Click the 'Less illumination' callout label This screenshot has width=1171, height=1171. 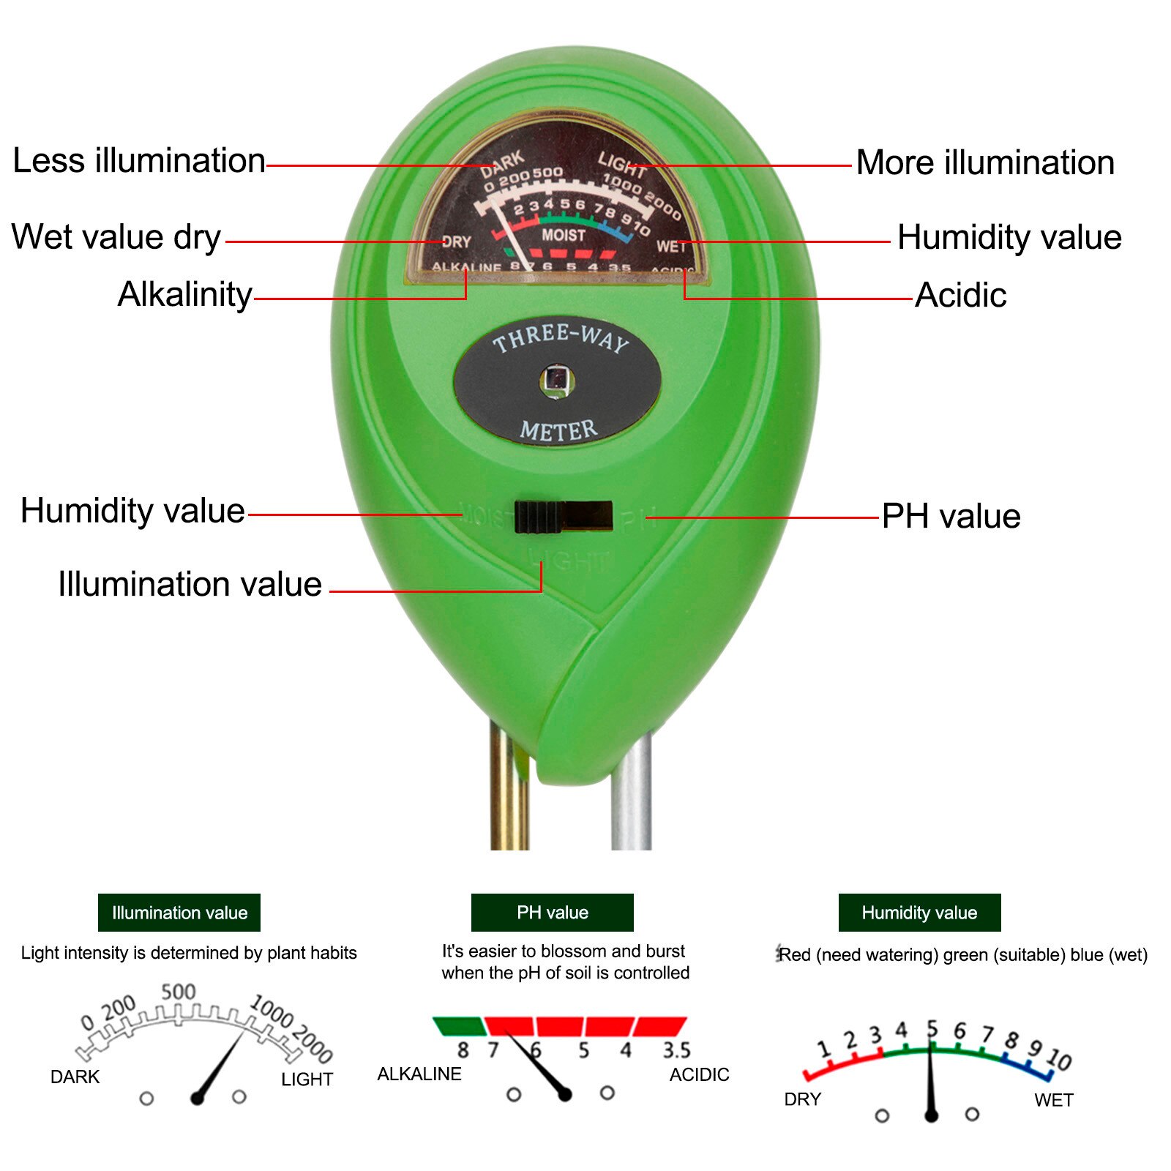pyautogui.click(x=139, y=161)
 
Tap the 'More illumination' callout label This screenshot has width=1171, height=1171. pyautogui.click(x=985, y=162)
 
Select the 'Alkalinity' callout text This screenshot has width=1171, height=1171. pyautogui.click(x=184, y=295)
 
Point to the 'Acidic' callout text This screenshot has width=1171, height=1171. pyautogui.click(x=960, y=296)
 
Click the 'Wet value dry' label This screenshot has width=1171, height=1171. pyautogui.click(x=116, y=238)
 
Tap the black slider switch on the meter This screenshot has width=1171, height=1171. pyautogui.click(x=563, y=517)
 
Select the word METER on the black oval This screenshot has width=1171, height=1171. pyautogui.click(x=558, y=430)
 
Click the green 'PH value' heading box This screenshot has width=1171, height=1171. pyautogui.click(x=552, y=913)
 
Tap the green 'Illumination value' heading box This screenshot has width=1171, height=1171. pyautogui.click(x=179, y=913)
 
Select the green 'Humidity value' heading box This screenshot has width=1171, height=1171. pyautogui.click(x=919, y=913)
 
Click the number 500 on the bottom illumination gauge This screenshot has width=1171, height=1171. pyautogui.click(x=179, y=992)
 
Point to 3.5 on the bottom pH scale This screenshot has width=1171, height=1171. pyautogui.click(x=676, y=1050)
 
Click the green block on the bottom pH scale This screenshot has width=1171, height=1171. pyautogui.click(x=459, y=1026)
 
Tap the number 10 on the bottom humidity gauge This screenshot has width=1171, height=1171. pyautogui.click(x=1059, y=1058)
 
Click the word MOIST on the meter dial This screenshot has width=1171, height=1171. pyautogui.click(x=563, y=235)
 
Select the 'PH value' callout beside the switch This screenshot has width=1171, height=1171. pyautogui.click(x=951, y=517)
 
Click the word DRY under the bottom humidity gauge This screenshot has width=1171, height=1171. pyautogui.click(x=803, y=1099)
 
